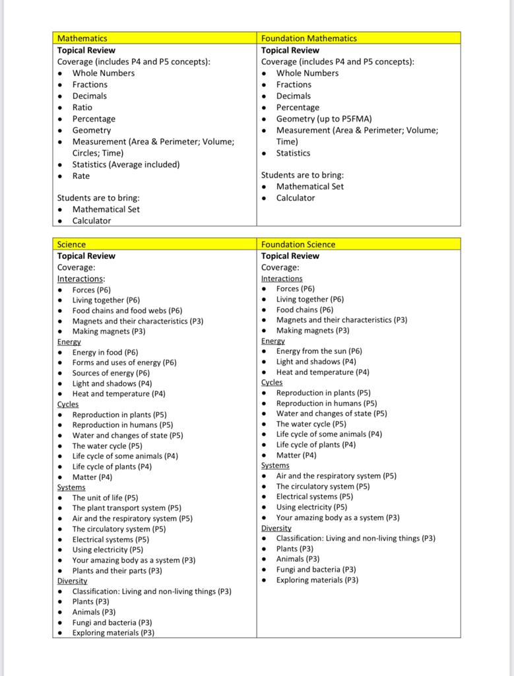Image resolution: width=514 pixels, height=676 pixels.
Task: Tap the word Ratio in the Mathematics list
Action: point(82,107)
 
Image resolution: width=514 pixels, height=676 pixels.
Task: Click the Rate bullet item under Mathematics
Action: point(81,176)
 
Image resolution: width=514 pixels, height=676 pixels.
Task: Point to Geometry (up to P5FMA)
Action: point(324,119)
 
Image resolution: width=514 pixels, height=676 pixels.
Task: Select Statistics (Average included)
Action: point(125,164)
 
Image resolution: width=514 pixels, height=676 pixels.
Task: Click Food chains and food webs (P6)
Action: point(127,310)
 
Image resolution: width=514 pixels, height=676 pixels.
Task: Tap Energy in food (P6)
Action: point(106,352)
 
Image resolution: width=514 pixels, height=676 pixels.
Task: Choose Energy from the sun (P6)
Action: point(319,351)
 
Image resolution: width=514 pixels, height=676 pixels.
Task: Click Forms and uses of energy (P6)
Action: point(125,362)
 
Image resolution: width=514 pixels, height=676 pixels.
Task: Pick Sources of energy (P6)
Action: point(112,373)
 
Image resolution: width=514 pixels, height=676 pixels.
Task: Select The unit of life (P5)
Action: point(106,498)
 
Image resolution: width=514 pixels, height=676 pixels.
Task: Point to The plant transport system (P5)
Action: point(127,508)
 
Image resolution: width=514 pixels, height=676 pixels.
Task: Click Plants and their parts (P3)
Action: point(117,570)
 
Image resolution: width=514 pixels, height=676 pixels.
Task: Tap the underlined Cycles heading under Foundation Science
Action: point(272,382)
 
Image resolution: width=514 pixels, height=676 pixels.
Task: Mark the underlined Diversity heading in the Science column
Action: point(72,581)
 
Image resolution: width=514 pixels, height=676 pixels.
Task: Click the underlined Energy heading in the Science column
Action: point(69,342)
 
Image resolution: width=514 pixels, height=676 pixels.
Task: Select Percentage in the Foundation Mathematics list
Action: point(298,108)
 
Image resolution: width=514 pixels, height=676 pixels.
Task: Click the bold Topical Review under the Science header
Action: point(86,256)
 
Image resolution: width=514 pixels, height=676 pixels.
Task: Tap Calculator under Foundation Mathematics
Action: point(296,198)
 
